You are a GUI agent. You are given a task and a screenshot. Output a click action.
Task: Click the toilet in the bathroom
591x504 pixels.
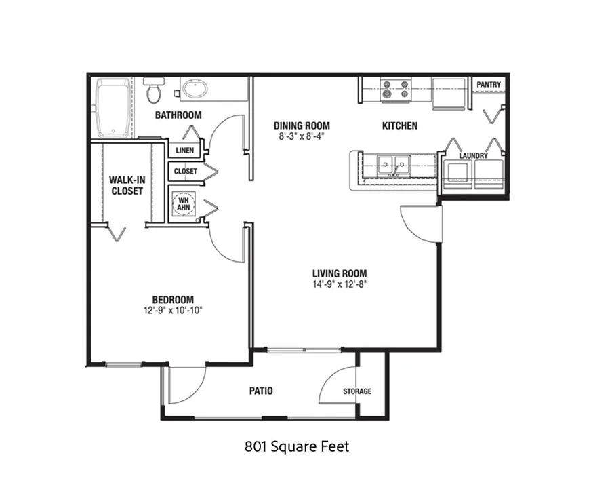click(154, 90)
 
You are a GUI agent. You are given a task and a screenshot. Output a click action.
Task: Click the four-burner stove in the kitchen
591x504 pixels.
click(395, 90)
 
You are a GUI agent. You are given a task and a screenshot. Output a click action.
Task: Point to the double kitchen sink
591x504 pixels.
click(394, 166)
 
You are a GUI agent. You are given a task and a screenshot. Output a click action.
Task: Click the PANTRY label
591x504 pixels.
click(489, 85)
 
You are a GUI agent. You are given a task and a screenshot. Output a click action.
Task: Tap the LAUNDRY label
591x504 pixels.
click(473, 155)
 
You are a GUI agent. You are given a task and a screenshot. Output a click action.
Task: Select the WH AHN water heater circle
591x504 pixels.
click(184, 204)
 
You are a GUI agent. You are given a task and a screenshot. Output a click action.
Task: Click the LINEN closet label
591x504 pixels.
click(184, 150)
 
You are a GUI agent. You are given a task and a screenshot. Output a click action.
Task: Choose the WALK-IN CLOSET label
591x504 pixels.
click(127, 185)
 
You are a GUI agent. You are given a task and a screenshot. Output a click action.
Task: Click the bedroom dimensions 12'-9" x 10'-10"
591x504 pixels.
click(173, 311)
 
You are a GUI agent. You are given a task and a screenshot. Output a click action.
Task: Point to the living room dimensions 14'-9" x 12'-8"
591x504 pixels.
click(340, 284)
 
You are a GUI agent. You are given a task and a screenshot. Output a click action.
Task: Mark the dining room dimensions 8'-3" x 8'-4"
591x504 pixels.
click(302, 136)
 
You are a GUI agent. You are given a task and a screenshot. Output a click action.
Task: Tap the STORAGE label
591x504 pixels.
click(357, 391)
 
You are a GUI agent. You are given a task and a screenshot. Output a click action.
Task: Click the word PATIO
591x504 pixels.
click(261, 391)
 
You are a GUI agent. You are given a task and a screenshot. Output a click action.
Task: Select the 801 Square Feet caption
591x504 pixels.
click(297, 446)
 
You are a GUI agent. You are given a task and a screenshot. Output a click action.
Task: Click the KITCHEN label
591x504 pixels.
click(400, 125)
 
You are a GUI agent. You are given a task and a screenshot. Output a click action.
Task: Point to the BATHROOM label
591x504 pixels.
click(178, 115)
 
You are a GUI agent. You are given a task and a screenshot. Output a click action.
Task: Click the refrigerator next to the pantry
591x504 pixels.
click(449, 93)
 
